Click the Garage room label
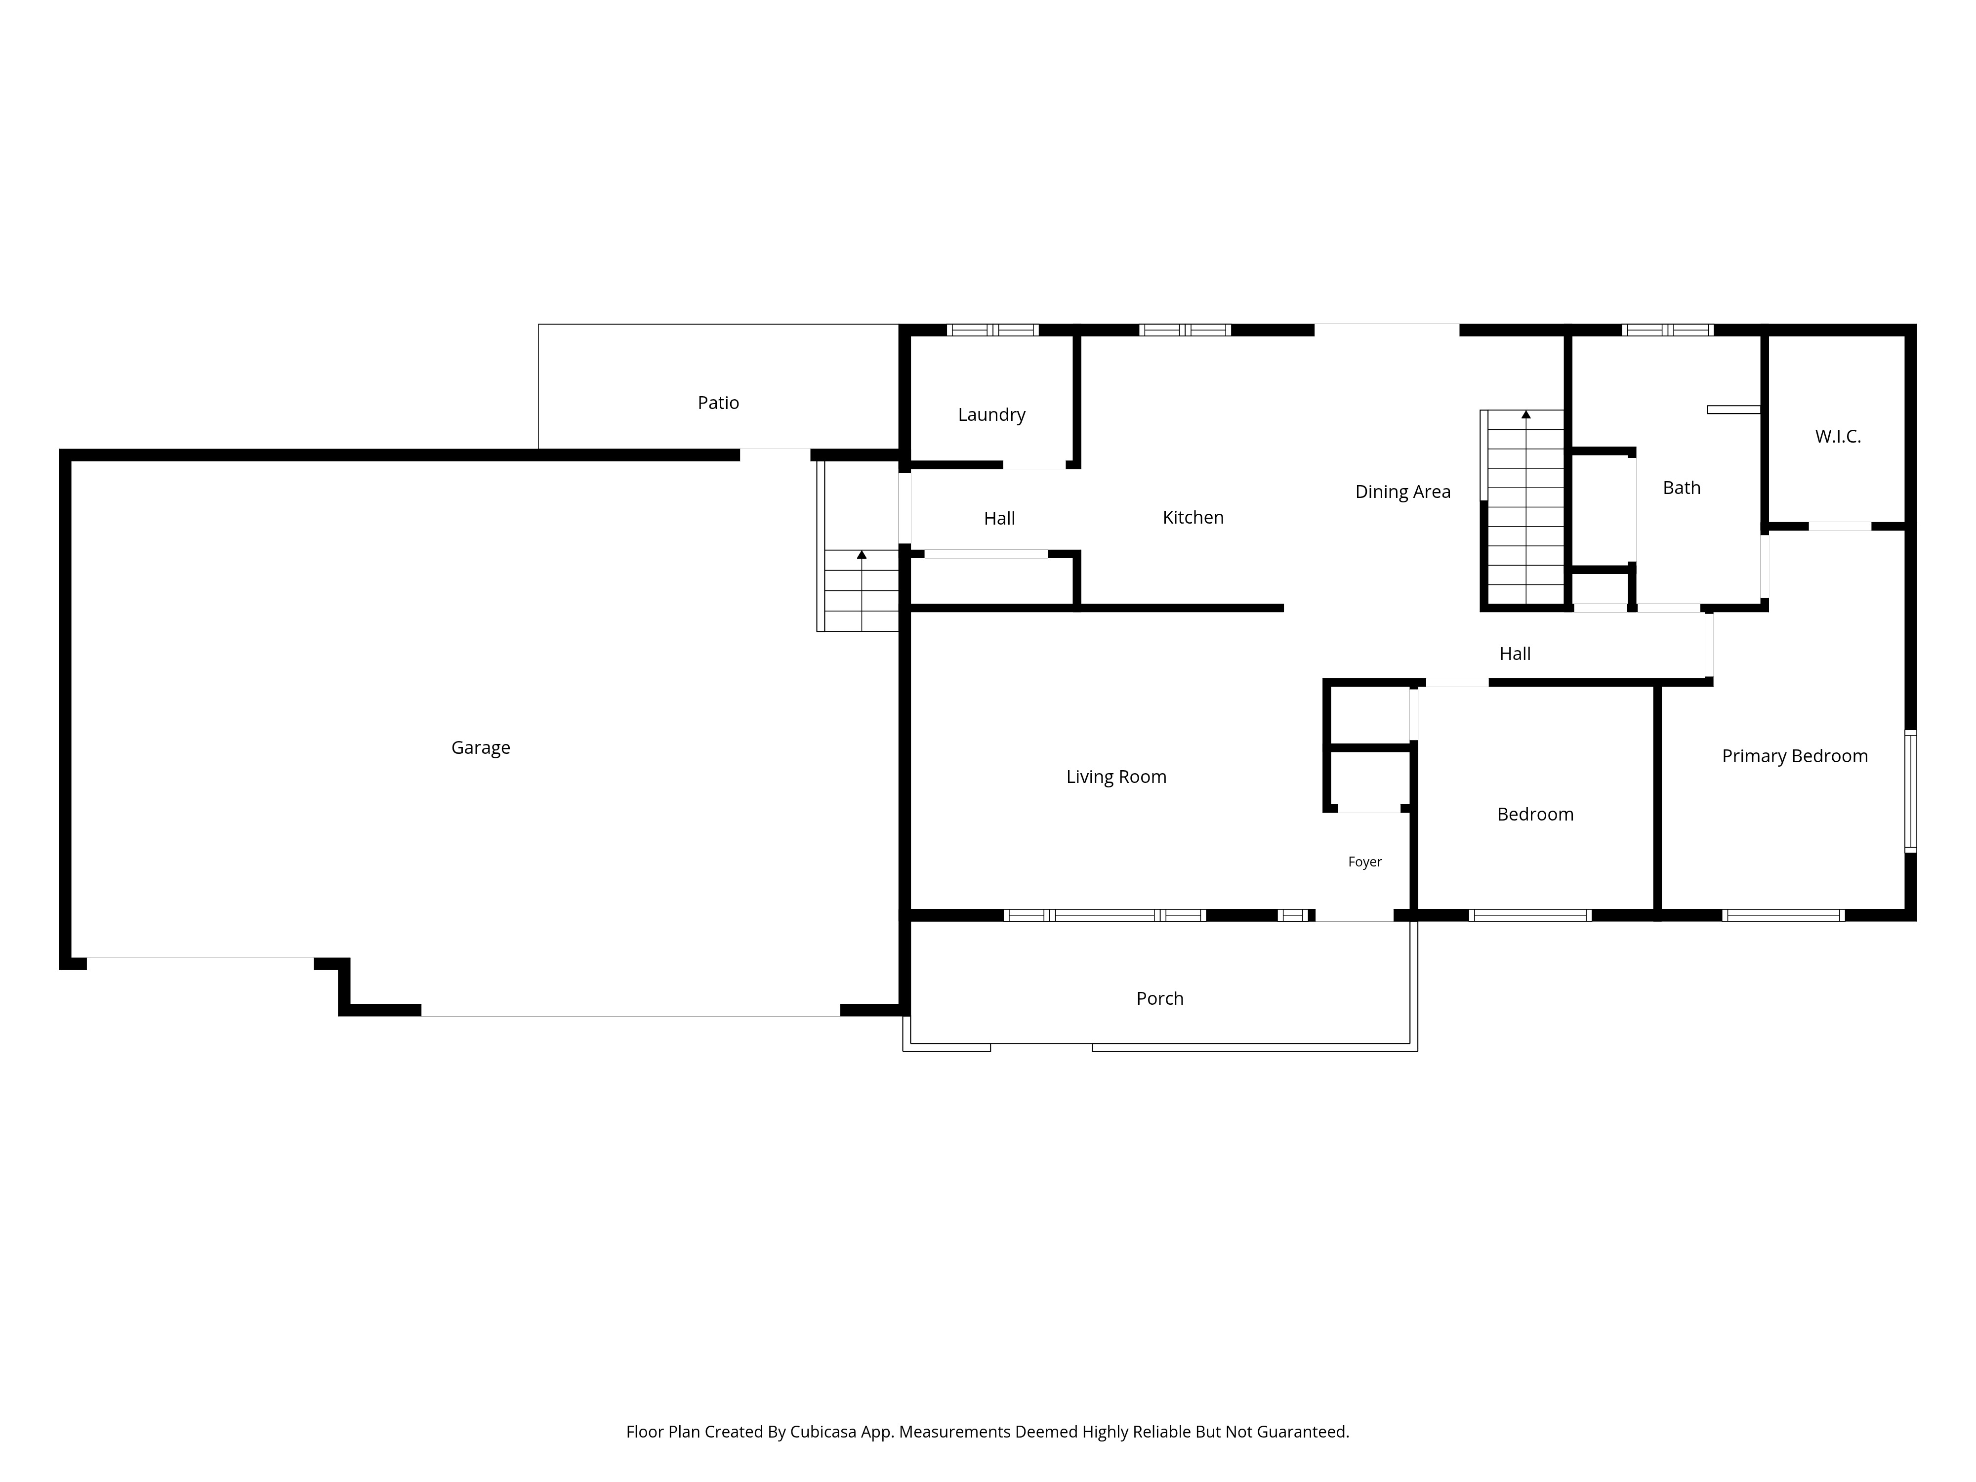481,748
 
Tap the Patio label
718,403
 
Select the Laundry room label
991,414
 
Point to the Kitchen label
1193,517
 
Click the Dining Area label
1402,492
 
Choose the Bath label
1681,488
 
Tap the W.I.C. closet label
1838,437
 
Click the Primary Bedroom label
1795,757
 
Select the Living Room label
1116,777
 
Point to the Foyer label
1365,862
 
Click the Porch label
1159,999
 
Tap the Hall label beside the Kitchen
1000,518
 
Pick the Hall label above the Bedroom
1515,654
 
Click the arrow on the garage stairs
861,555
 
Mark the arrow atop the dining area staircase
1526,414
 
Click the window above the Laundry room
992,329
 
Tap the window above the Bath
1667,329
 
